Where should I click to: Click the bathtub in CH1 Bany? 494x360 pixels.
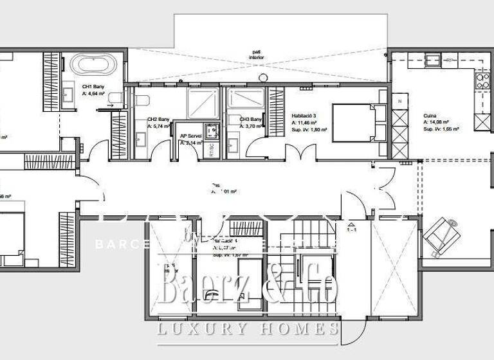[x=93, y=65]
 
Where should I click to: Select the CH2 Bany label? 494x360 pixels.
[x=158, y=119]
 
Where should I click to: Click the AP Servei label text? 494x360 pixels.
[x=191, y=136]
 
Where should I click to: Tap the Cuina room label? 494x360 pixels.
[x=430, y=115]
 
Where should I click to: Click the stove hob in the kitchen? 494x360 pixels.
[x=481, y=81]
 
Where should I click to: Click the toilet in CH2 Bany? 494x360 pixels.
[x=143, y=99]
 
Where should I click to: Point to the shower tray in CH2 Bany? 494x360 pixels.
[x=203, y=101]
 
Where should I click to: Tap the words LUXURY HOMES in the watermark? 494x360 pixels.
[x=249, y=330]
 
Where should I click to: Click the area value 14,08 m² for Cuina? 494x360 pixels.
[x=436, y=122]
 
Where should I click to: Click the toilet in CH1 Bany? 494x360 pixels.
[x=116, y=98]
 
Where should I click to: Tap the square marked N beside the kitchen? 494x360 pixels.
[x=399, y=102]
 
